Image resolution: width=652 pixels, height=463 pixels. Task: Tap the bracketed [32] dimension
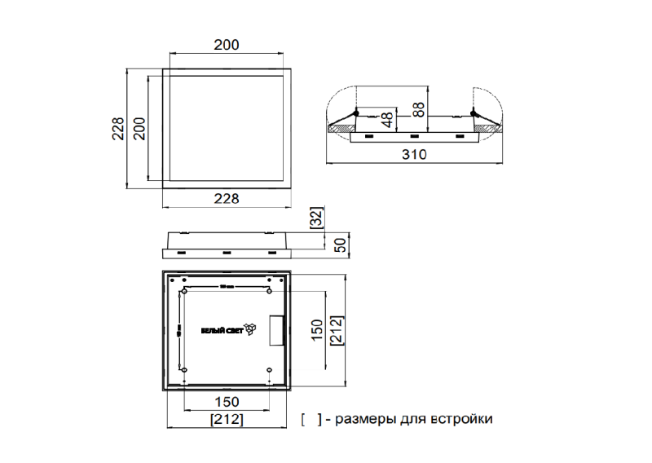point(317,218)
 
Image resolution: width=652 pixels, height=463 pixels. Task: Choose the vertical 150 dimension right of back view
point(316,329)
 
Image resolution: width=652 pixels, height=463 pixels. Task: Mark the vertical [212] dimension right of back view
point(335,329)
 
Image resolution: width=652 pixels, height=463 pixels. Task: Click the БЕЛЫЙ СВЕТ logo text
point(222,331)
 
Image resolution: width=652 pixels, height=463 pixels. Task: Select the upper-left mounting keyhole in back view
point(185,291)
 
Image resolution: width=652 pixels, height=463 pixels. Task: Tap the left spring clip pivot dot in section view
point(357,112)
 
